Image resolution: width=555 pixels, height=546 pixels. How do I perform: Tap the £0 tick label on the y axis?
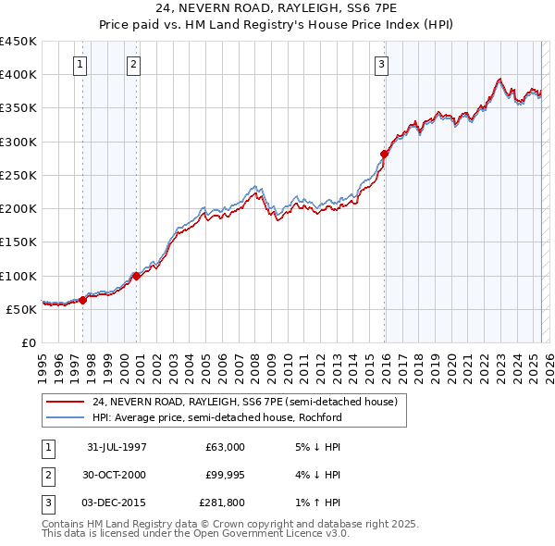click(x=30, y=342)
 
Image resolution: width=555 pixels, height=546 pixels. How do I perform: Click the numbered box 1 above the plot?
click(x=80, y=64)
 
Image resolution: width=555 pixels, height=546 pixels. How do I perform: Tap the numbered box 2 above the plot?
click(x=134, y=64)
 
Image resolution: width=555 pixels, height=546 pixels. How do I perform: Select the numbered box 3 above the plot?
click(x=381, y=64)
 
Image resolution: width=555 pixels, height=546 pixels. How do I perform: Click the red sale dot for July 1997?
click(x=83, y=300)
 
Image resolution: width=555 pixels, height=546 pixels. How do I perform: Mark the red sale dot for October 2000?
click(x=136, y=275)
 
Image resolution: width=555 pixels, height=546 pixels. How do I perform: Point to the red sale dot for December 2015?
click(x=384, y=154)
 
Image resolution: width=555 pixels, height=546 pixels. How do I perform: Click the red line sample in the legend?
click(x=66, y=402)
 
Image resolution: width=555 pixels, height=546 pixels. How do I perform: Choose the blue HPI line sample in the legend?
click(x=66, y=417)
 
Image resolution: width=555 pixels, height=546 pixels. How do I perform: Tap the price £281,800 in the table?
click(x=221, y=503)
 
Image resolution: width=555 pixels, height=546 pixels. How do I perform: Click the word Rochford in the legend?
click(x=319, y=417)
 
